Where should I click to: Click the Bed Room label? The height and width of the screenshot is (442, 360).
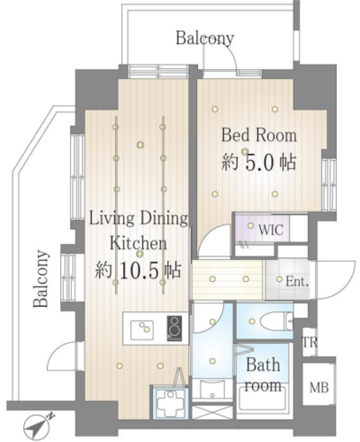[259, 135]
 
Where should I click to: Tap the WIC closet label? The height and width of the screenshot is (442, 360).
[271, 230]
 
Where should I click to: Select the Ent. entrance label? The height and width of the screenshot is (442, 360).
[297, 282]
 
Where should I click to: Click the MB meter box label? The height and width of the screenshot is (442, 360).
[319, 387]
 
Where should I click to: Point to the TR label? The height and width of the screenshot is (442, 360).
[310, 342]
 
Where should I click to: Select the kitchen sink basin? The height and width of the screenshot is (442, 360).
[142, 329]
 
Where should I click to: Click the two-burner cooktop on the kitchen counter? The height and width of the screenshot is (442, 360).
[174, 328]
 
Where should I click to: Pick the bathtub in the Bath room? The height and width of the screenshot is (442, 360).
[262, 401]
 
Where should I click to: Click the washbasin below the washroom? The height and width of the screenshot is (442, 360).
[211, 389]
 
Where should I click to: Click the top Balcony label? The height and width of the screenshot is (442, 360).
[205, 38]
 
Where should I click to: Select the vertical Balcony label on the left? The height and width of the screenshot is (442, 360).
[41, 278]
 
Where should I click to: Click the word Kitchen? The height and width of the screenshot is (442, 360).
[138, 243]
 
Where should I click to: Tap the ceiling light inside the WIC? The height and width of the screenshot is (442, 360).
[250, 225]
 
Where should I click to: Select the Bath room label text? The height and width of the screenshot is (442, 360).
[263, 375]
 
